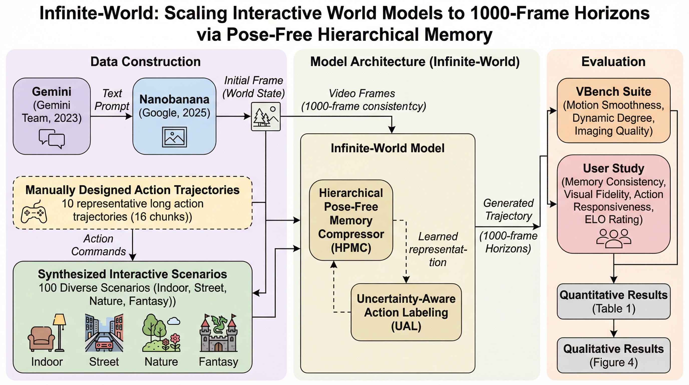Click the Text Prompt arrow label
tap(112, 100)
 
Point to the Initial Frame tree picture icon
tap(266, 117)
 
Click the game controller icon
tap(34, 212)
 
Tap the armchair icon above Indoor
tap(42, 338)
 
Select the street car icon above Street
tap(104, 333)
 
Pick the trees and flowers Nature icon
tap(161, 333)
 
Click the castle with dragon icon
tap(219, 333)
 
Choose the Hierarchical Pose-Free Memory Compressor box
tap(351, 220)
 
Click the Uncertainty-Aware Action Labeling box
tap(406, 312)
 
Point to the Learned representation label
tap(438, 249)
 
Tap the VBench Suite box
tap(614, 111)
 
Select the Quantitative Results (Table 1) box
tap(614, 302)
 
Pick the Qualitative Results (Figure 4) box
tap(614, 355)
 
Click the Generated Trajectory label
tap(508, 209)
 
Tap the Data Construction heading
tap(145, 62)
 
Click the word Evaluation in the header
tap(613, 62)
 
